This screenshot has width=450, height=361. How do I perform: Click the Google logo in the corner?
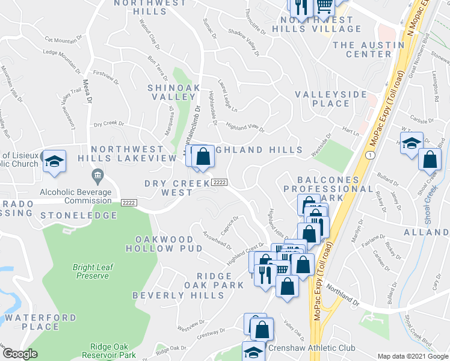(x=20, y=354)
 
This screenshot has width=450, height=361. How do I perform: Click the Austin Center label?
(x=362, y=49)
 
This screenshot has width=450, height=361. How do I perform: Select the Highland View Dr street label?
(x=245, y=127)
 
